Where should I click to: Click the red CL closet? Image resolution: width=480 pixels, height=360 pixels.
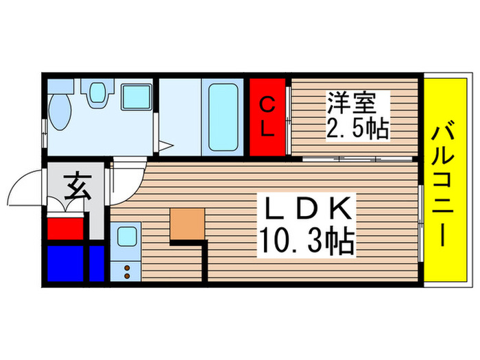click(268, 117)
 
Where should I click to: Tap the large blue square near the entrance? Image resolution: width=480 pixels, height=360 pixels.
click(67, 263)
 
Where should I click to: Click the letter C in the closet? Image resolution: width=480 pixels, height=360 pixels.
click(268, 106)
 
